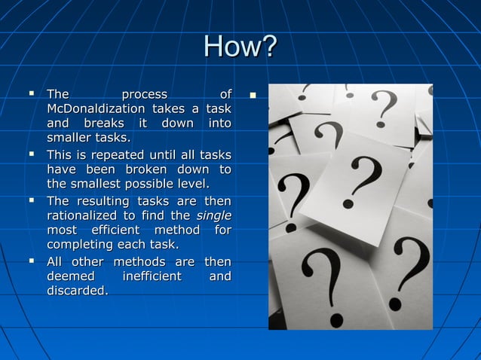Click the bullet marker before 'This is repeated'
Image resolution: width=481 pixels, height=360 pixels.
click(x=32, y=155)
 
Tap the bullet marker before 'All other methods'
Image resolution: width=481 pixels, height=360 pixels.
click(x=32, y=261)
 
